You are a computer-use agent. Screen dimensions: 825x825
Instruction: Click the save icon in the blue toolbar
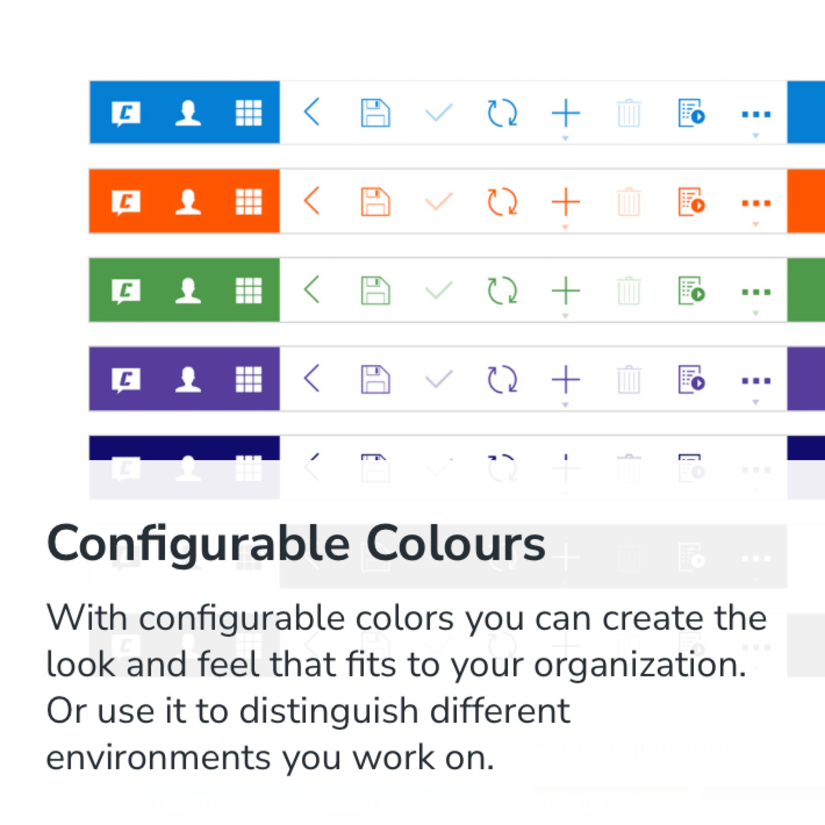(376, 113)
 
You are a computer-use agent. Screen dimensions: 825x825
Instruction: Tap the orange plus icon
(565, 202)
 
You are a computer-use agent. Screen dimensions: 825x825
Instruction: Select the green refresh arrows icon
(502, 291)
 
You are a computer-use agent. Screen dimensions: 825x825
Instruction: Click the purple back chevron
(312, 379)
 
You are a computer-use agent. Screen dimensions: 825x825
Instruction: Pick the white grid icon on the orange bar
(249, 202)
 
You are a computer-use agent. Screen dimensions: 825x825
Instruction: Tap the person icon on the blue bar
(188, 113)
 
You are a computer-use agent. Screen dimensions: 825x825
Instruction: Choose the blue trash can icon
(629, 113)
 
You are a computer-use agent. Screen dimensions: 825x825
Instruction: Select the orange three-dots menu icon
(756, 203)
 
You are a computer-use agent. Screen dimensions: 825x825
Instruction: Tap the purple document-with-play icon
(692, 379)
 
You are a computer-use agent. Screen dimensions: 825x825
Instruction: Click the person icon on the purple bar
(188, 379)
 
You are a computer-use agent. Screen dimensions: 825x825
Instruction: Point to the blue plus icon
(565, 113)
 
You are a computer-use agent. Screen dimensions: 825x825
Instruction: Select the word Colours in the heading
(456, 544)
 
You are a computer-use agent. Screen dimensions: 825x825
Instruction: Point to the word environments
(159, 758)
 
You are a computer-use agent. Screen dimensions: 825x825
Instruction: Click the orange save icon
(376, 202)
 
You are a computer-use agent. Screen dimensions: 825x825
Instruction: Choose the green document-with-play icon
(692, 291)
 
